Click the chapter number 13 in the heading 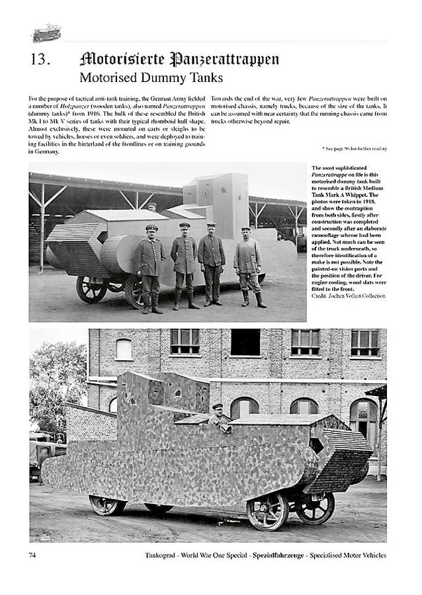click(40, 59)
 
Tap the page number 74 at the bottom click(34, 555)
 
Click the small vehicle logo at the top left click(46, 32)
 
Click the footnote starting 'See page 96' click(354, 149)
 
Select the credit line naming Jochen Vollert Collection click(348, 296)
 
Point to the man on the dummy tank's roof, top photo click(152, 206)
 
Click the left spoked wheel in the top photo click(92, 288)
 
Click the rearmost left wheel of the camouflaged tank click(107, 505)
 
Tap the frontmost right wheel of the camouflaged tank click(316, 508)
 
